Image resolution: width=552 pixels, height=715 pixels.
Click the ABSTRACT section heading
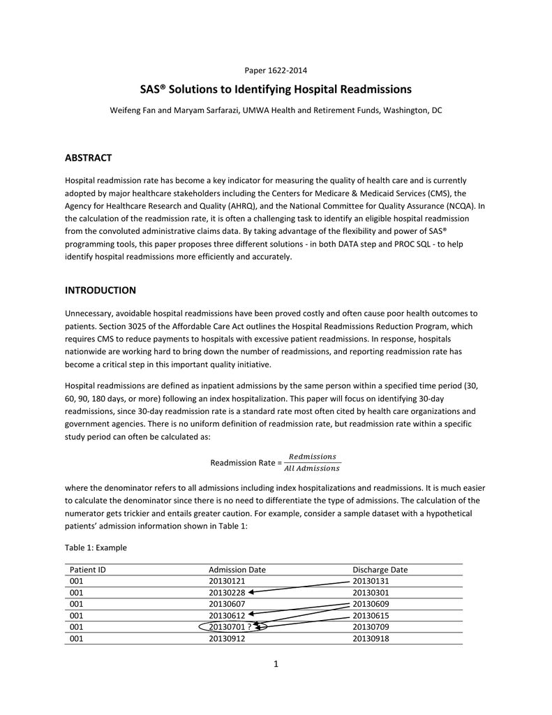tap(88, 158)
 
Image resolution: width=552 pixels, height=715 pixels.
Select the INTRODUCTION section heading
tap(100, 290)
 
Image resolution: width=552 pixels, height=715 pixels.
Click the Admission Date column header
tap(237, 570)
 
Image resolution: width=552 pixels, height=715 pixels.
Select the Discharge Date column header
tap(380, 570)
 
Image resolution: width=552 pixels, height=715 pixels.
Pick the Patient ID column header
tap(88, 570)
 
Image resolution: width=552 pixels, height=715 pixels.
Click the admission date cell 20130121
tap(227, 581)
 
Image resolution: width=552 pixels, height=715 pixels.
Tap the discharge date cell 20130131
tap(371, 581)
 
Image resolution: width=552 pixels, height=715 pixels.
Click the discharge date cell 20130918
tap(371, 637)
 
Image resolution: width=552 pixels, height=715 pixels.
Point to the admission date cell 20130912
tap(227, 637)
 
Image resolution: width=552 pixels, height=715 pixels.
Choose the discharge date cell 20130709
tap(371, 626)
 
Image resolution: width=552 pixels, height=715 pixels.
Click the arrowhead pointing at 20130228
tap(251, 592)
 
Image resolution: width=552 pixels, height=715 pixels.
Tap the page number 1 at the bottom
tap(276, 663)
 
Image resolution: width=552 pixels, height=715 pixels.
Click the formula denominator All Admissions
tap(312, 469)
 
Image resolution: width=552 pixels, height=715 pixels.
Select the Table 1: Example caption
tap(96, 547)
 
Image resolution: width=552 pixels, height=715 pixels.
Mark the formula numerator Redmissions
tap(312, 457)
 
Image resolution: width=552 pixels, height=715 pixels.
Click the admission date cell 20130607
tap(227, 604)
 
